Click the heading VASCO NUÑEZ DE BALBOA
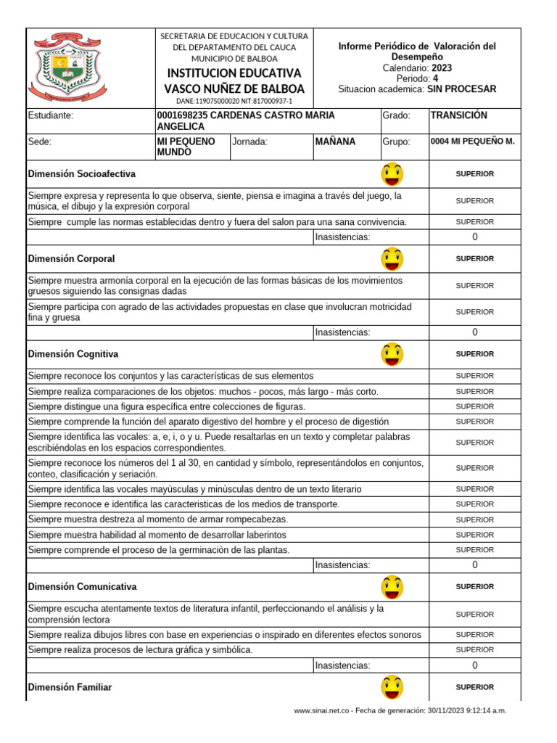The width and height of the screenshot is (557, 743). click(235, 89)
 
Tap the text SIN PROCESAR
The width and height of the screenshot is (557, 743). click(462, 89)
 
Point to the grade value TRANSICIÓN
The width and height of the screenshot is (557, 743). click(458, 115)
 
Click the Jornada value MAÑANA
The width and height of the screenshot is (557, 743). click(336, 141)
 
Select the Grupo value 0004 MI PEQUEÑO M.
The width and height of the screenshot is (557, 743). click(472, 141)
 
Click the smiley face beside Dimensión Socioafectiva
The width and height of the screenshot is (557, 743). click(392, 174)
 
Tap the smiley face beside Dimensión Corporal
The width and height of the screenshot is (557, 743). click(392, 259)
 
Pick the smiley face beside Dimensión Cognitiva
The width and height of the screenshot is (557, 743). click(392, 354)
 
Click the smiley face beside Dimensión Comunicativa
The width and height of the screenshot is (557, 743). click(392, 586)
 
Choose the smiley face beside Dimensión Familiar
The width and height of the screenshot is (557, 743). click(392, 686)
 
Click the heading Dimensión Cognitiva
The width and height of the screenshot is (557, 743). click(73, 354)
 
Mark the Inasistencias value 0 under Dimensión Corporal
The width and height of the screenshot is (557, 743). click(475, 332)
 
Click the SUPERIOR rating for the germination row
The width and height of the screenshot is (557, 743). click(475, 550)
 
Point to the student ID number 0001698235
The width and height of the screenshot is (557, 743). click(181, 115)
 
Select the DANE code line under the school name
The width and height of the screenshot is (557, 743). click(234, 102)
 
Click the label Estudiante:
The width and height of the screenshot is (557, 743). click(50, 115)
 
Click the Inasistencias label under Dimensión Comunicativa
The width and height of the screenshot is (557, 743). click(342, 665)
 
